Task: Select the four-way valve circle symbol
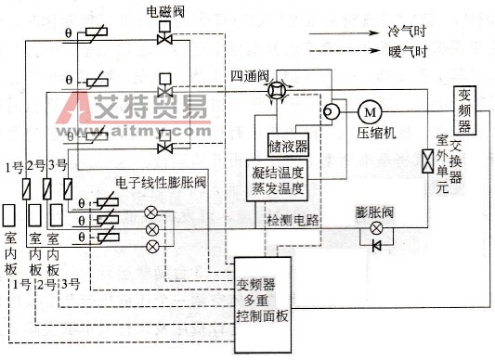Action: coord(276,89)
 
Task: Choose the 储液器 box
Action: coord(289,146)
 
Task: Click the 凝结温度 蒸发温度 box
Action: coord(280,180)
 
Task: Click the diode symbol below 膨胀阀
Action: coord(376,245)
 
